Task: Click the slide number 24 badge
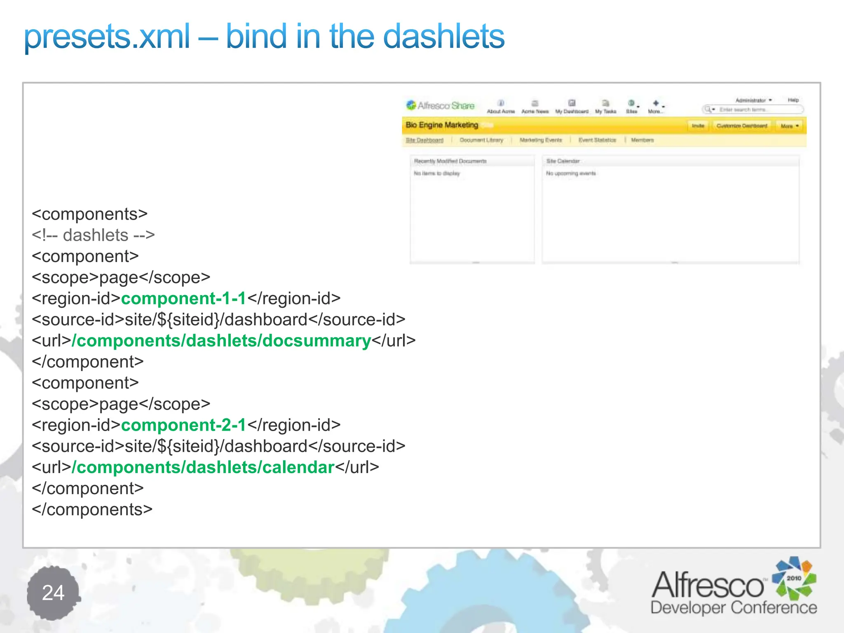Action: pyautogui.click(x=53, y=593)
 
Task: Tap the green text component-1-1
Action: pyautogui.click(x=183, y=298)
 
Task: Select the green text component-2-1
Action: pyautogui.click(x=183, y=425)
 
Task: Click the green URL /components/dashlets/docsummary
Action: pyautogui.click(x=222, y=341)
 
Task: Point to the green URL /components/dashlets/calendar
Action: pyautogui.click(x=203, y=467)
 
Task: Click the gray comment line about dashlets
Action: pyautogui.click(x=93, y=235)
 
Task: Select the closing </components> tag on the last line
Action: pyautogui.click(x=92, y=510)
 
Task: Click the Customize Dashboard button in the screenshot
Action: pyautogui.click(x=741, y=126)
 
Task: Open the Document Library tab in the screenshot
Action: pyautogui.click(x=481, y=140)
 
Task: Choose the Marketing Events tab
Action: pyautogui.click(x=541, y=140)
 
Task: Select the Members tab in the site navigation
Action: pyautogui.click(x=642, y=140)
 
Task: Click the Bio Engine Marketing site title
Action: pyautogui.click(x=442, y=125)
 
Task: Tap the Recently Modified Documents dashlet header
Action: pyautogui.click(x=450, y=161)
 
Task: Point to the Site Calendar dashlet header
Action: pyautogui.click(x=563, y=161)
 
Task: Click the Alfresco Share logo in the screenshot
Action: pyautogui.click(x=440, y=106)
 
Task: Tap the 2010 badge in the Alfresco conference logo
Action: pyautogui.click(x=794, y=578)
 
